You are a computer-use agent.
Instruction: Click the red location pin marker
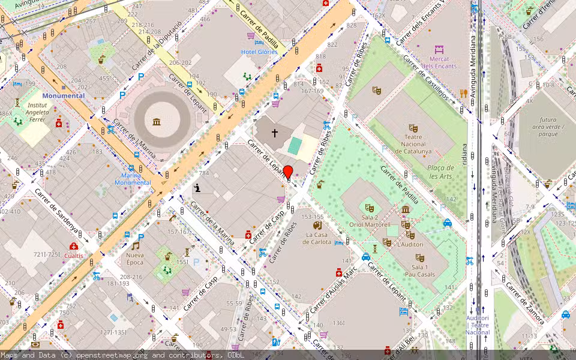click(288, 173)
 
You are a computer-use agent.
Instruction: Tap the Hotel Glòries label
click(259, 52)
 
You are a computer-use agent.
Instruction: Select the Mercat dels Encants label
click(439, 62)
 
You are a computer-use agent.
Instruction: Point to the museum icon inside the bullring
click(157, 122)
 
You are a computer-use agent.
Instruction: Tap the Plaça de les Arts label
click(440, 172)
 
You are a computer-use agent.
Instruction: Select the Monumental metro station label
click(63, 95)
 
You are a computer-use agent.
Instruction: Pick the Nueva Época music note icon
click(136, 245)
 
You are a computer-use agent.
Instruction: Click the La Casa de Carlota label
click(318, 238)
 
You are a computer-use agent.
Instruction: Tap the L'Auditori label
click(410, 244)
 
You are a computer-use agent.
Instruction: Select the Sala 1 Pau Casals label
click(419, 270)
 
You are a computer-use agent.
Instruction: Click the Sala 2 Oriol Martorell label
click(370, 221)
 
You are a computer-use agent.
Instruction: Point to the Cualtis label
click(74, 255)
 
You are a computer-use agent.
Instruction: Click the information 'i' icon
click(198, 188)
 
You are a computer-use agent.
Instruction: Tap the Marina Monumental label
click(133, 179)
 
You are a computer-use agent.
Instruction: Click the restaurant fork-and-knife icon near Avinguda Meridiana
click(463, 93)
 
